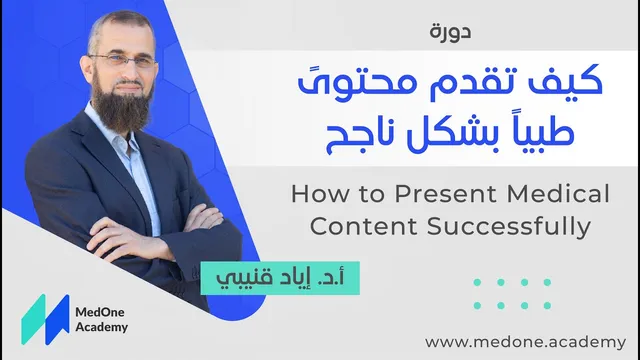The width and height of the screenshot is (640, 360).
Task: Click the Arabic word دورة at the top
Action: coord(450,32)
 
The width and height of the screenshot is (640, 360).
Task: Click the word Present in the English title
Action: coord(446,193)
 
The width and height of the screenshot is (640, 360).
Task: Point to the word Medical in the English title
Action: coord(558,193)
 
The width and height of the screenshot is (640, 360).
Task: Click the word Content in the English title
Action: coord(364,226)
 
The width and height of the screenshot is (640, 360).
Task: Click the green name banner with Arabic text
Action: coord(280,278)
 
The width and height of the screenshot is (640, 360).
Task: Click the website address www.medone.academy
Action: coord(525,342)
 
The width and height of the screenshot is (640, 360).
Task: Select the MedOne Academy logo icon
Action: coord(45,320)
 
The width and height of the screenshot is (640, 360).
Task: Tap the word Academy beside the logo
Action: coord(102,327)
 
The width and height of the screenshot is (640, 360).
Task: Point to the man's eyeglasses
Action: coord(123,61)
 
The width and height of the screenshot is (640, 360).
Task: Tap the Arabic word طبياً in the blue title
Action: coord(540,133)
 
